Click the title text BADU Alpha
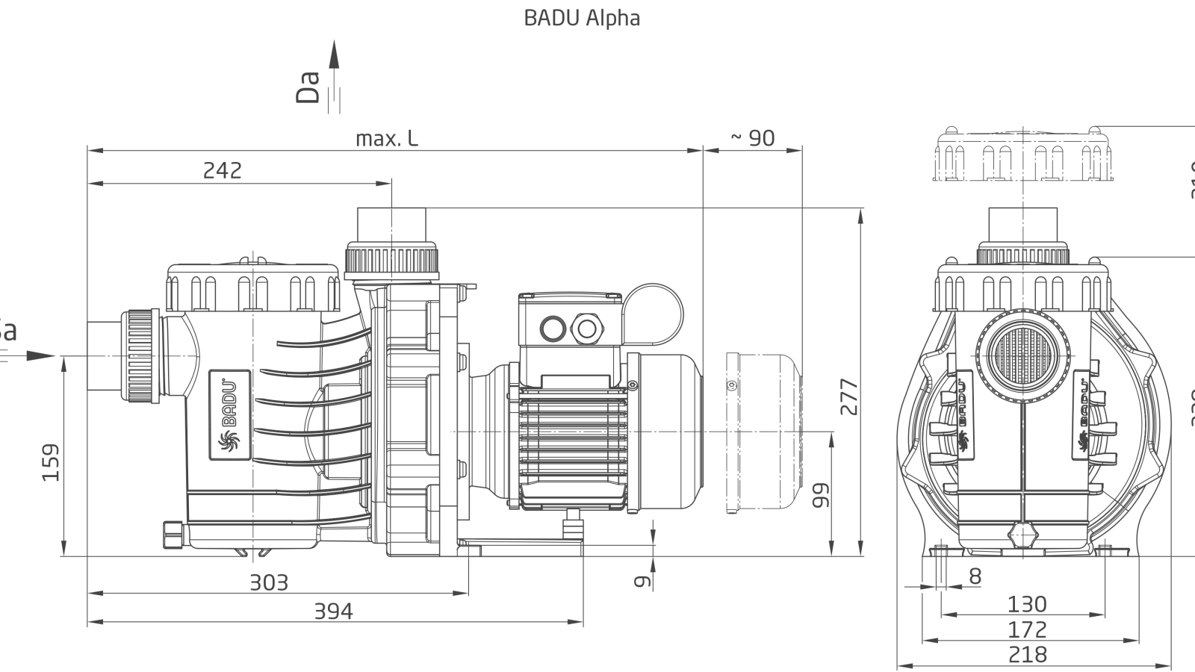[582, 18]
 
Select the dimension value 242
[223, 170]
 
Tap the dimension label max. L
[386, 138]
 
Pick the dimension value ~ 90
[752, 138]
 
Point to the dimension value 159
[50, 462]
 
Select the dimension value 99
[820, 494]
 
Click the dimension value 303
[268, 582]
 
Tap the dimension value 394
[332, 611]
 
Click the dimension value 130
[1027, 603]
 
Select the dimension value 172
[1027, 629]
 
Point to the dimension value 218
[1027, 654]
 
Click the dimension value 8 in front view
[975, 576]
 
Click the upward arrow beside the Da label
[334, 56]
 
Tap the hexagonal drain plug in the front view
[1022, 536]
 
